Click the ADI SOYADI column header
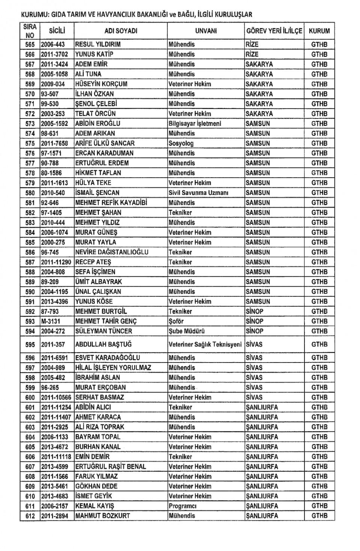point(121,31)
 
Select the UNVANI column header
point(206,31)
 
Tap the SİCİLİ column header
point(57,31)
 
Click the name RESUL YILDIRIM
point(98,44)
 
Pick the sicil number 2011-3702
point(56,54)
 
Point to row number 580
point(30,193)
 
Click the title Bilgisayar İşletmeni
point(195,123)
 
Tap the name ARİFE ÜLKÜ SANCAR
point(105,143)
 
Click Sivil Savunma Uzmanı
point(199,193)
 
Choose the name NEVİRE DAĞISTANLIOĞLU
point(112,252)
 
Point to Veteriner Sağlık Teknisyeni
point(205,344)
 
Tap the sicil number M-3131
point(51,321)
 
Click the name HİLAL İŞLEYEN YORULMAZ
point(113,368)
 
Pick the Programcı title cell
point(183,506)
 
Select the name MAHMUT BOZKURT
point(103,516)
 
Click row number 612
point(30,516)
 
